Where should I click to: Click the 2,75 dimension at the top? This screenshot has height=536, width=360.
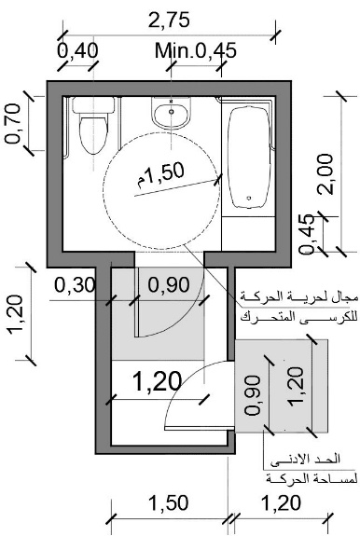coord(169,20)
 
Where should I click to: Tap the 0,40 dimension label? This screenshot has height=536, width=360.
coord(77,50)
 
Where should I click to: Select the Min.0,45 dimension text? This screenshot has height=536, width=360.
coord(196,50)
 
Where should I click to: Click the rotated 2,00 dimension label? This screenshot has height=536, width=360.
coord(325,174)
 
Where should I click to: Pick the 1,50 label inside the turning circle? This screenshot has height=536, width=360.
coord(161,174)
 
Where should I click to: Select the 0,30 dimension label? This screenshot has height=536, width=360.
coord(75,284)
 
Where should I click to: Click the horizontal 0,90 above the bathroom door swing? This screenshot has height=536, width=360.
coord(170,284)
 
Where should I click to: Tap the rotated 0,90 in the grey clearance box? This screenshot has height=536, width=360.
coord(253,395)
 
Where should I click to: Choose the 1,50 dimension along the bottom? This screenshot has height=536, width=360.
coord(169,502)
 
